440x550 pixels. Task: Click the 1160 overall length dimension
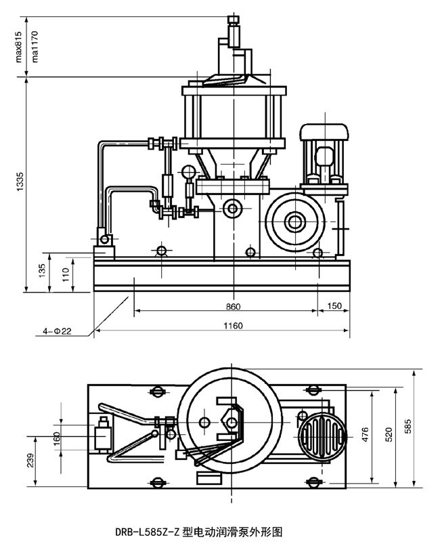[x=232, y=326]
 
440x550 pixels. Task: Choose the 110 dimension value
[x=65, y=274]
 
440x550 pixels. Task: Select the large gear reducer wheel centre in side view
[x=295, y=220]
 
